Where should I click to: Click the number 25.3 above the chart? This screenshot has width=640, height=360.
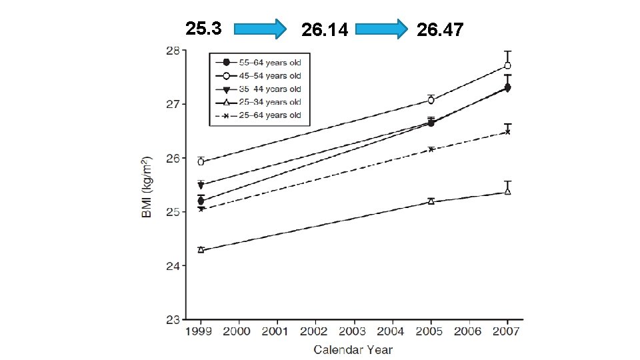[203, 29]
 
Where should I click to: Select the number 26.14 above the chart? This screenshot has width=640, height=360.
[325, 30]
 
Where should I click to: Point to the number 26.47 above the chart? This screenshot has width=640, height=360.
[440, 30]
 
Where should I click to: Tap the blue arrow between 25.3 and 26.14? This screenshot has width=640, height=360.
[260, 29]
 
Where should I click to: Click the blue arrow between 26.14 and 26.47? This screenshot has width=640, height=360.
[381, 29]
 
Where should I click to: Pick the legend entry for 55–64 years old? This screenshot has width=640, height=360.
[259, 63]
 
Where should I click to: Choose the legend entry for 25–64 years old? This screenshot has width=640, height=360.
[259, 115]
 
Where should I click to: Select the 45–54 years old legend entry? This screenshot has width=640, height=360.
[259, 76]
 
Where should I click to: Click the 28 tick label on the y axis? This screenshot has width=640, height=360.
[173, 51]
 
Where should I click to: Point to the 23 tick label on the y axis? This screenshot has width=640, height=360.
[173, 319]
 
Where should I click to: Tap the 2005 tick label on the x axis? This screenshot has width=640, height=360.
[429, 331]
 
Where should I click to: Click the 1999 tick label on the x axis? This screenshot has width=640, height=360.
[199, 331]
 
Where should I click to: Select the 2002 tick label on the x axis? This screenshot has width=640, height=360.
[314, 331]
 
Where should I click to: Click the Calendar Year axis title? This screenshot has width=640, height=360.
[353, 350]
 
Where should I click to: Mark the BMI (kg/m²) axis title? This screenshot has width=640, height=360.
[147, 187]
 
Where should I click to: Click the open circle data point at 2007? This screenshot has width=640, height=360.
[507, 66]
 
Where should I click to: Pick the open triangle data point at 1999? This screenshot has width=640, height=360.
[201, 249]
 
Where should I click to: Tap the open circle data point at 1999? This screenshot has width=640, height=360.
[201, 162]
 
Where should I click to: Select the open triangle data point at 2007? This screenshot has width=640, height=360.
[507, 191]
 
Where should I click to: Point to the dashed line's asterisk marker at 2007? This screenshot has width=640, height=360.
[507, 132]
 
